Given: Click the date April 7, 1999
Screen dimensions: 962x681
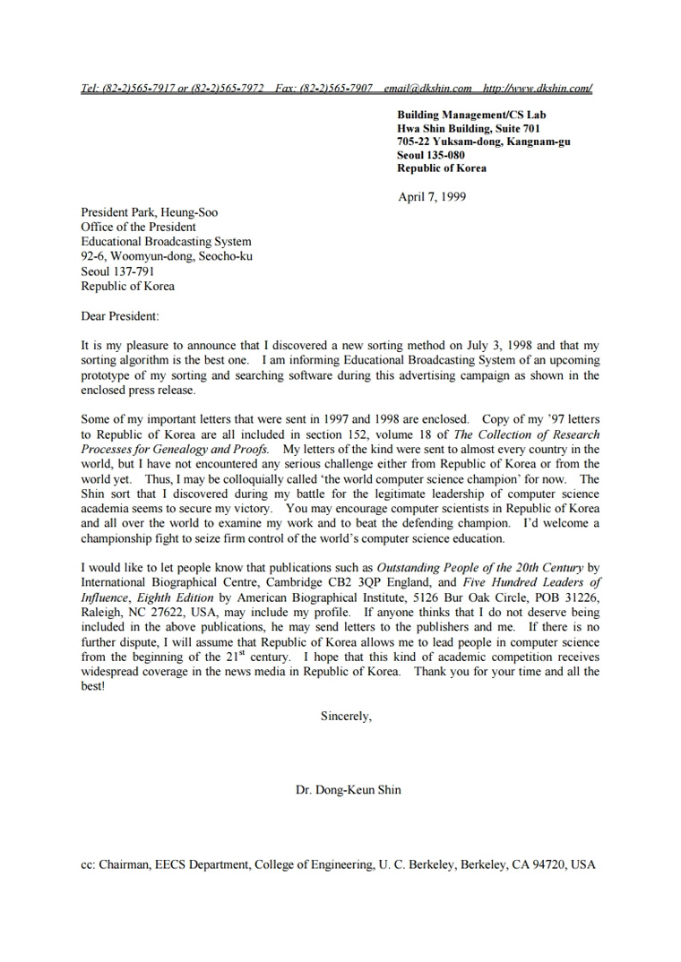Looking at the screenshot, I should (432, 197).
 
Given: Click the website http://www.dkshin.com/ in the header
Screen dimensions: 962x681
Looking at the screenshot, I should (537, 88).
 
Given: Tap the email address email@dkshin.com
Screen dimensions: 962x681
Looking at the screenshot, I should (427, 88).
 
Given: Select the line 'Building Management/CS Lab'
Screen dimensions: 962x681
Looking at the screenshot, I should (471, 115).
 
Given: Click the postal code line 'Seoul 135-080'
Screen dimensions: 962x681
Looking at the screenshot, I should (431, 155).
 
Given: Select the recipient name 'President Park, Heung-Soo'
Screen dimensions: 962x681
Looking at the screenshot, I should (150, 213).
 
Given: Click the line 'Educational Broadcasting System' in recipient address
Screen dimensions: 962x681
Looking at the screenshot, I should (166, 242).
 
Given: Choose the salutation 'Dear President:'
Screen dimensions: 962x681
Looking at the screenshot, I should (120, 316).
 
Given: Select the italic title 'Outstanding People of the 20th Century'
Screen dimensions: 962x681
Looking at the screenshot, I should (480, 567).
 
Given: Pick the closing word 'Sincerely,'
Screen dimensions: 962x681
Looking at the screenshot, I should (346, 716).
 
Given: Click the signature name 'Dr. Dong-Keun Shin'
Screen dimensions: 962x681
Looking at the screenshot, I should (349, 790).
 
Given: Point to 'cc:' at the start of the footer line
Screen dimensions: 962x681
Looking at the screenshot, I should (89, 865).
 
